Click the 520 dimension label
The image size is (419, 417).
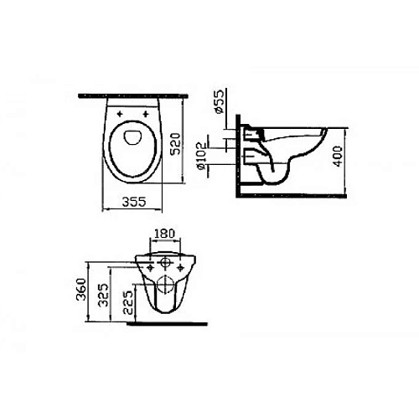tap(175, 144)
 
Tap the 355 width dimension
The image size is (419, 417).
tap(134, 202)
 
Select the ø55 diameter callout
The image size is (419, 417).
tap(219, 101)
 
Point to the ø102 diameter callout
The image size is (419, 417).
tap(201, 156)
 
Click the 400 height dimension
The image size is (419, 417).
tap(338, 156)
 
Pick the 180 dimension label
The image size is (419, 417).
tap(164, 234)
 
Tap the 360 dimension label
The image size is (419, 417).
tap(81, 289)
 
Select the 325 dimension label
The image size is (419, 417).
tap(104, 295)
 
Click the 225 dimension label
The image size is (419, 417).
tap(128, 302)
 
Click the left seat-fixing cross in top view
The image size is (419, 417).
tap(120, 114)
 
